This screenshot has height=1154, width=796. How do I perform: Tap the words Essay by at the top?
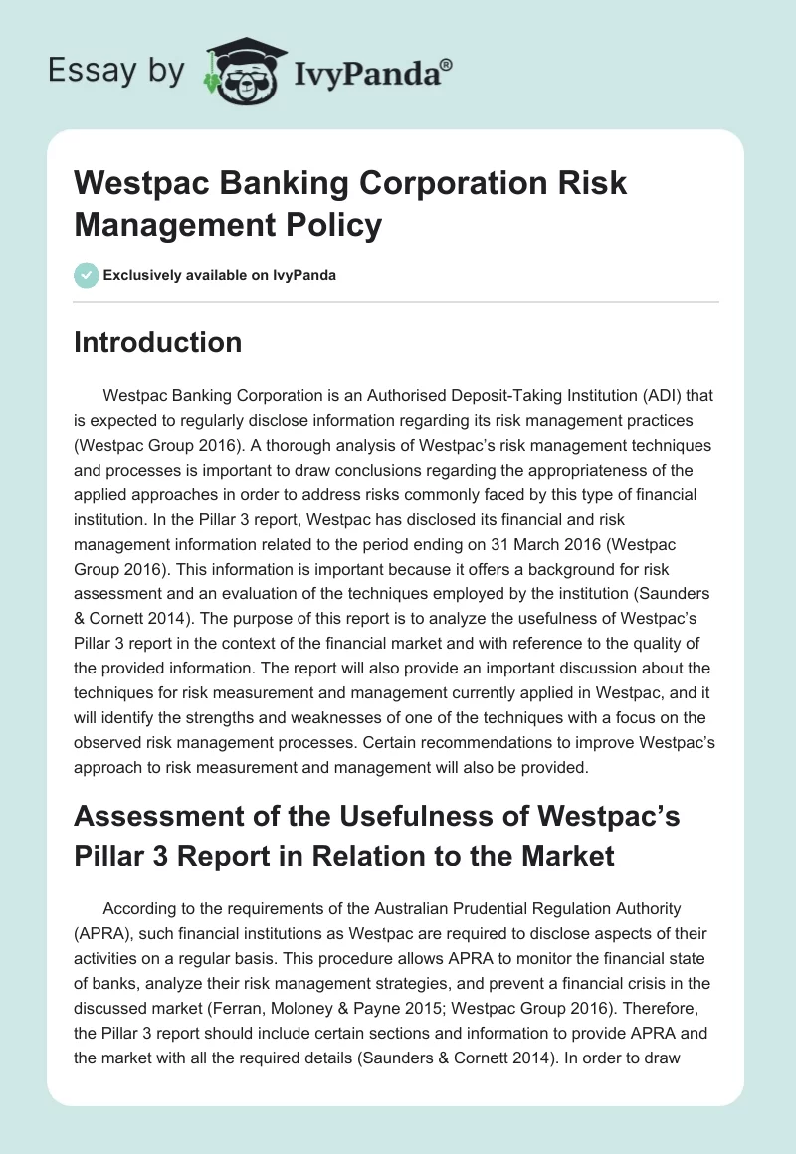(x=115, y=72)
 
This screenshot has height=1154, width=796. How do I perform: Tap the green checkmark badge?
(x=86, y=274)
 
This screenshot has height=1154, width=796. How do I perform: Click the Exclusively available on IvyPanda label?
(x=219, y=275)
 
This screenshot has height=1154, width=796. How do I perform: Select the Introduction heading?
(x=157, y=342)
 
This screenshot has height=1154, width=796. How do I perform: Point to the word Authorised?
(x=352, y=395)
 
